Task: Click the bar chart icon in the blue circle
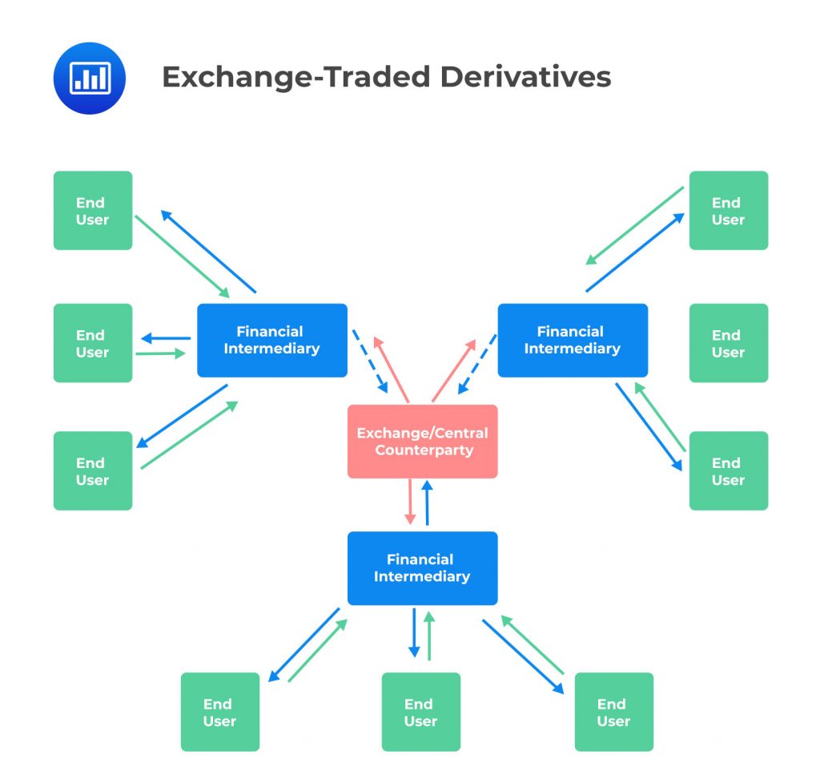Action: (x=89, y=78)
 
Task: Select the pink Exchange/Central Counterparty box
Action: (x=422, y=442)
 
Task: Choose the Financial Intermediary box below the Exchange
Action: (x=422, y=568)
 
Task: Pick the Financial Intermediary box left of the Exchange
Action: (x=271, y=340)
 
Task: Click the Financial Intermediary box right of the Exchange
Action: (x=572, y=340)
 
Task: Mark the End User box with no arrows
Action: (x=728, y=343)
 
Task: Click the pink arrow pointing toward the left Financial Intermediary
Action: (x=392, y=369)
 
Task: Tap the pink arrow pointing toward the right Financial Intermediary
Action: (x=453, y=369)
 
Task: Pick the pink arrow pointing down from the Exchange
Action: (x=410, y=502)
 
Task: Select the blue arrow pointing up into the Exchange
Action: (x=428, y=503)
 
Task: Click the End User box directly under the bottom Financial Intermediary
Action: (x=420, y=712)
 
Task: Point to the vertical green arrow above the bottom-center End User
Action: (x=429, y=635)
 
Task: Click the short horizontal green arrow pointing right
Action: (x=160, y=353)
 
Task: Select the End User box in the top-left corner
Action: (x=92, y=211)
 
